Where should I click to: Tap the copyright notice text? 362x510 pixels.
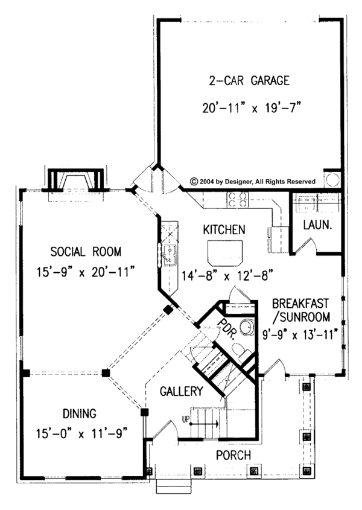(253, 180)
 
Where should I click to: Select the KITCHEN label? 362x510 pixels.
(223, 230)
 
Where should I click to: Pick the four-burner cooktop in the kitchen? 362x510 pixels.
(237, 199)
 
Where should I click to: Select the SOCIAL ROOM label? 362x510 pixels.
(86, 251)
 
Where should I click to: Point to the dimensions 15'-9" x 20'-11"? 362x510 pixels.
(86, 273)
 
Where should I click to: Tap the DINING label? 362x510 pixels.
(79, 413)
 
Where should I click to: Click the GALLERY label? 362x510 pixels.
(181, 392)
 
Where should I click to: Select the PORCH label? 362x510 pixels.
(233, 455)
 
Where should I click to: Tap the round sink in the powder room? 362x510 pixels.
(246, 328)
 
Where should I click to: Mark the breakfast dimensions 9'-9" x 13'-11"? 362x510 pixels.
(300, 332)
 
